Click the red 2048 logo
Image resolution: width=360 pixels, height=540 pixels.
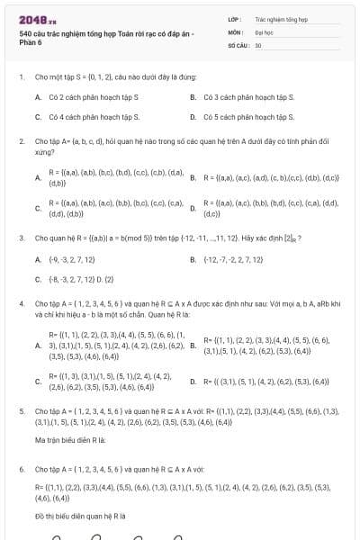[x=37, y=18]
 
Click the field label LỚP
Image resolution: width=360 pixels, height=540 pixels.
[x=235, y=17]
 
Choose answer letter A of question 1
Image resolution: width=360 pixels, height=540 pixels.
[x=37, y=96]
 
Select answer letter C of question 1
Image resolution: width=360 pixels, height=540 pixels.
[x=37, y=116]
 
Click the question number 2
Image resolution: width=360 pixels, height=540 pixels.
[x=21, y=142]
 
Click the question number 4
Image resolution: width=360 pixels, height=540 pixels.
[x=21, y=304]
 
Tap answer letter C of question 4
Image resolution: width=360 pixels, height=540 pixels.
[x=37, y=381]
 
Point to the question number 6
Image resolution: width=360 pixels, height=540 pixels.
[x=21, y=469]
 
